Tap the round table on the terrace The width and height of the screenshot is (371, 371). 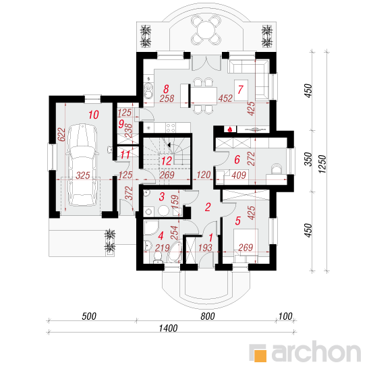(206, 30)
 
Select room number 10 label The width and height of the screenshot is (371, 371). (94, 115)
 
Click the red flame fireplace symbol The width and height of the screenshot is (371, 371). (229, 130)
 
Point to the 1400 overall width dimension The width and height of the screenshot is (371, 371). (168, 329)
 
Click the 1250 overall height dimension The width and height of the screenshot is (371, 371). (322, 164)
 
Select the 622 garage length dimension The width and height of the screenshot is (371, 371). (61, 134)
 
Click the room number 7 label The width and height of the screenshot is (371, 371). (240, 90)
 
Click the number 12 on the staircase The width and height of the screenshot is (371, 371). (167, 161)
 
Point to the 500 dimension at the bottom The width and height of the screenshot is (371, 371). (89, 316)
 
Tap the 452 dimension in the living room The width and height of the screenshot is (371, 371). (225, 98)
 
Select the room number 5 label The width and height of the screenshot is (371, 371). (237, 221)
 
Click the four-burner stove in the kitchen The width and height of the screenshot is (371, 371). (171, 127)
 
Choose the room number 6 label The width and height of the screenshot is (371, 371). (237, 159)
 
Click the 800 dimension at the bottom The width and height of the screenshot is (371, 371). (208, 316)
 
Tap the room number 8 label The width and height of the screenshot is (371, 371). (166, 89)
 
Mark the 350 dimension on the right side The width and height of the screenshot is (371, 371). (308, 159)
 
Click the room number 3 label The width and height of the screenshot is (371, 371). (162, 196)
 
